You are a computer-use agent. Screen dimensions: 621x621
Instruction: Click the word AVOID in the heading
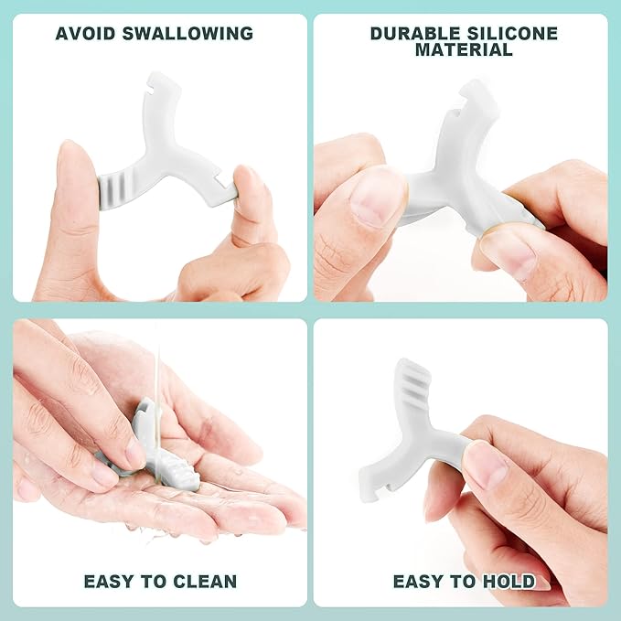pyautogui.click(x=85, y=33)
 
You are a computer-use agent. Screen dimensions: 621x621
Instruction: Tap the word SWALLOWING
pyautogui.click(x=187, y=33)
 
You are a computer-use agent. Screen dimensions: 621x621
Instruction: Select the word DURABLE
pyautogui.click(x=414, y=34)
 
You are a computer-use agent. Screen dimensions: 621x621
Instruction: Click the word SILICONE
pyautogui.click(x=511, y=34)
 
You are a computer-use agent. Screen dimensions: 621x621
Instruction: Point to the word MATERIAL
pyautogui.click(x=464, y=50)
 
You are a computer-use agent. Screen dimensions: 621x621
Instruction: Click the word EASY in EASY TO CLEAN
pyautogui.click(x=110, y=582)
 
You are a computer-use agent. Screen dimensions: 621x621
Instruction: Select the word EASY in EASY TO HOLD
pyautogui.click(x=418, y=582)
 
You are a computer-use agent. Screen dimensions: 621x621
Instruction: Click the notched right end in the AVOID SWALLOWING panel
pyautogui.click(x=224, y=189)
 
